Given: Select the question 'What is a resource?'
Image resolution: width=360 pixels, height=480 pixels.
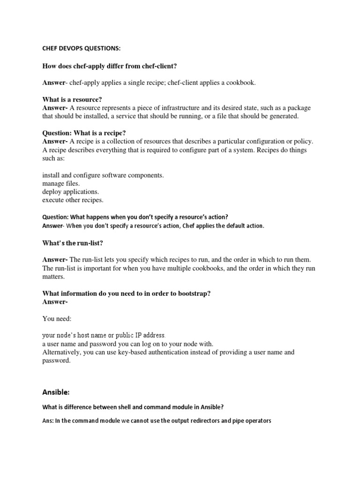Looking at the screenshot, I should pyautogui.click(x=72, y=99).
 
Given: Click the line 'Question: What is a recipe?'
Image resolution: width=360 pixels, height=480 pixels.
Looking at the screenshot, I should pyautogui.click(x=84, y=133).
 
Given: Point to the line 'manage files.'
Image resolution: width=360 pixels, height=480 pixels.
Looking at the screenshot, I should pyautogui.click(x=61, y=183).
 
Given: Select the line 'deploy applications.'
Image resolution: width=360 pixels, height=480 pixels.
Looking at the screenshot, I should pyautogui.click(x=70, y=192).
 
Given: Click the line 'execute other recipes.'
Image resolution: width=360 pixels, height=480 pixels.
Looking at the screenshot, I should pyautogui.click(x=73, y=200).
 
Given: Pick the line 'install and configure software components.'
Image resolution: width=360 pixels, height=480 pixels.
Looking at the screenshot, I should pyautogui.click(x=103, y=175).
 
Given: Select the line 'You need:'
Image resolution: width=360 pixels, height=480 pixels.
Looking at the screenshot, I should pyautogui.click(x=57, y=319).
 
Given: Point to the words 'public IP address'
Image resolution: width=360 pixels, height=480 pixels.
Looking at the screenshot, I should pyautogui.click(x=139, y=336).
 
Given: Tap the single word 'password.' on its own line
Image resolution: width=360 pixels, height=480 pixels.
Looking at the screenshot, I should pyautogui.click(x=56, y=361).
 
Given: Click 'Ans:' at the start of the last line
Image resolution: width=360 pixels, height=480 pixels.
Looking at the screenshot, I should pyautogui.click(x=48, y=421).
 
